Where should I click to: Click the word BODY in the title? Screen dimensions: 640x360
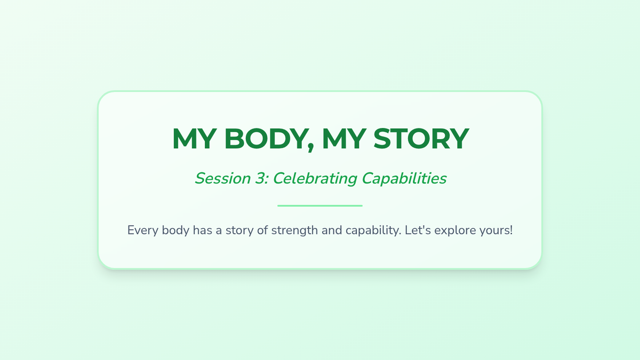coord(266,139)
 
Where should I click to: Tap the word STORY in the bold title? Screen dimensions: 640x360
coord(421,139)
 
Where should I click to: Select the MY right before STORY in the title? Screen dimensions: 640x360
coord(345,139)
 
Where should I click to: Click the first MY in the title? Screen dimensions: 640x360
coord(194,139)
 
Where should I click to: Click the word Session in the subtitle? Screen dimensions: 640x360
coord(223,179)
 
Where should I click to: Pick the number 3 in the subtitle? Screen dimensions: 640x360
coord(261,179)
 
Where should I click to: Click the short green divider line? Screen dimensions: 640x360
coord(320,206)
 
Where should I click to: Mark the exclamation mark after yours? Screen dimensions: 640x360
coord(511,230)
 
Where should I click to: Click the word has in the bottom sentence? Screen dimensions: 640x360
coord(203,230)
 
